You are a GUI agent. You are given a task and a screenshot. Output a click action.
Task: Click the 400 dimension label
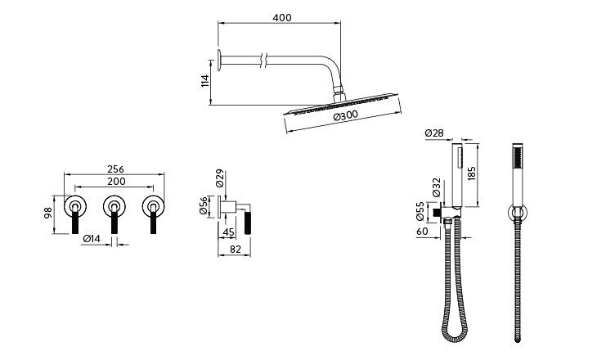click(282, 17)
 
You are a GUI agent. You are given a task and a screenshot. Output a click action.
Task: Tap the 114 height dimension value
click(204, 81)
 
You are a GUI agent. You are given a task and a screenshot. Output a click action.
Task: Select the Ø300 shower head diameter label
click(346, 115)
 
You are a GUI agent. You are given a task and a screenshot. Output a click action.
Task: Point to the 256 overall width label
click(115, 169)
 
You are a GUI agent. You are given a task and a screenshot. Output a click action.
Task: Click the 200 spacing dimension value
click(116, 182)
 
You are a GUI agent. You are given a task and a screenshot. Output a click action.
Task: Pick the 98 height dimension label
click(48, 213)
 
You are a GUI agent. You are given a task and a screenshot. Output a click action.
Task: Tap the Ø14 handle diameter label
click(92, 239)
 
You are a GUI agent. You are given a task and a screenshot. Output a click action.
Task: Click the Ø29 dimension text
click(219, 178)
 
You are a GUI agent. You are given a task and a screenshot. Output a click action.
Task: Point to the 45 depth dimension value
click(228, 232)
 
